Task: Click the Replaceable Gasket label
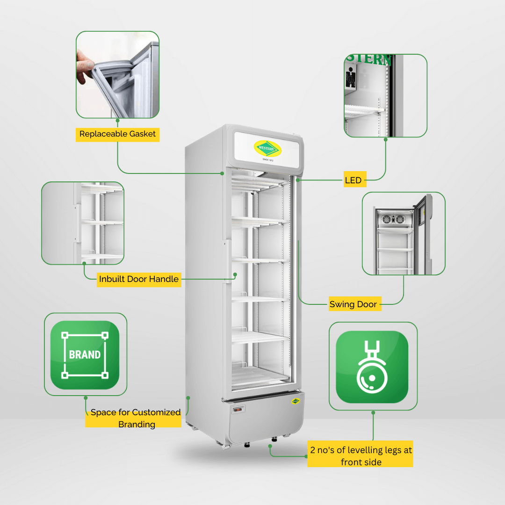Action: (117, 134)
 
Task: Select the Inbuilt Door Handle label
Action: (139, 279)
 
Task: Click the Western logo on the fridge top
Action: (267, 149)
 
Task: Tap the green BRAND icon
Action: (85, 355)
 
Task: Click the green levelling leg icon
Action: (372, 367)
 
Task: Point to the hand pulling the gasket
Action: (84, 68)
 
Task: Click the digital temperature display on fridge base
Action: (238, 410)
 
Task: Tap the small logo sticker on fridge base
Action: (296, 401)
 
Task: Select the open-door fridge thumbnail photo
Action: (404, 233)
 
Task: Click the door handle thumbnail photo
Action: (83, 223)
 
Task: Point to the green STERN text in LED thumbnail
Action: (369, 59)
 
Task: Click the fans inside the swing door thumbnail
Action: (393, 219)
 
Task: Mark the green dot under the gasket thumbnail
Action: (117, 121)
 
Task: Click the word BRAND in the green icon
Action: (85, 354)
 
